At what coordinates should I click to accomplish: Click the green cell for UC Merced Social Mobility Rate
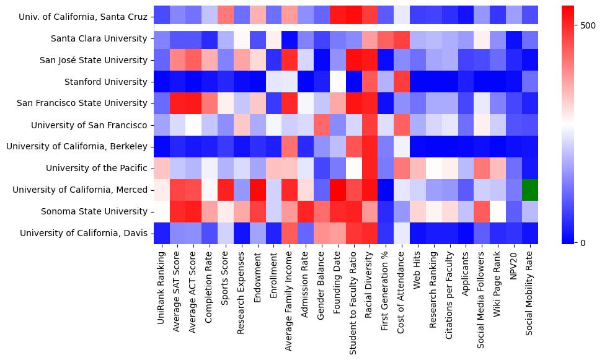click(530, 190)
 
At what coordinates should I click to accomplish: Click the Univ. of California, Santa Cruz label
click(84, 17)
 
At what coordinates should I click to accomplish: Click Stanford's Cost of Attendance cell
click(402, 82)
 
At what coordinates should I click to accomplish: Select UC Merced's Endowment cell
click(257, 190)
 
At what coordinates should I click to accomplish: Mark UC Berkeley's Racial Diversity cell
click(370, 146)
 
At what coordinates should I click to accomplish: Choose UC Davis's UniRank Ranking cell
click(161, 233)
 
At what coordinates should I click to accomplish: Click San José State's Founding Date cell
click(337, 60)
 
